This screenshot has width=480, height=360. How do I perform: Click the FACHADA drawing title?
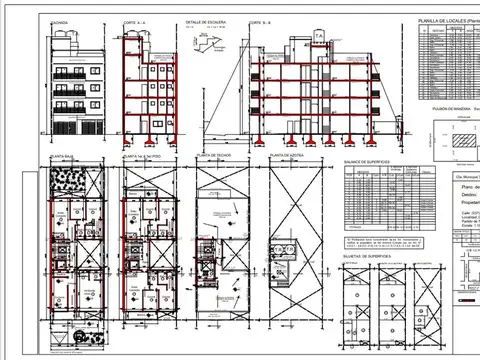[x=58, y=20]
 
